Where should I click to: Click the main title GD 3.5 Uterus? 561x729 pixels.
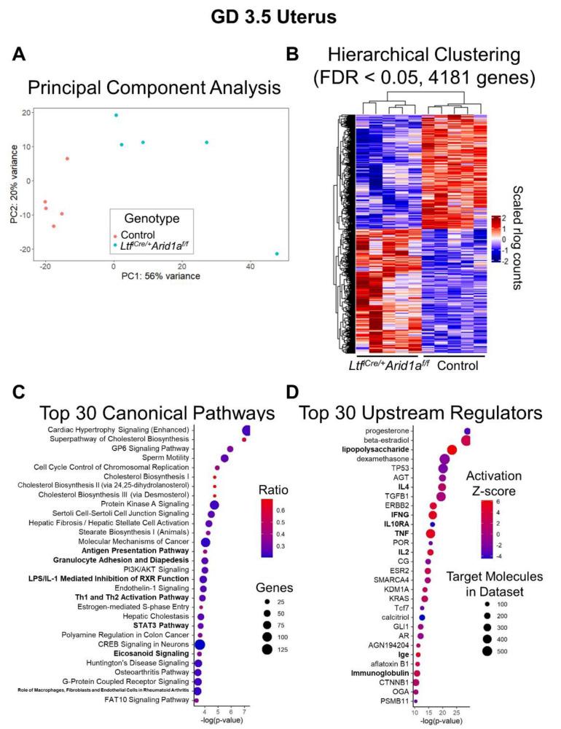[x=280, y=15]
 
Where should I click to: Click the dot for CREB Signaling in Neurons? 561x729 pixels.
[x=199, y=645]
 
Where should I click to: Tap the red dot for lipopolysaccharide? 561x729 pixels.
[x=452, y=450]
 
